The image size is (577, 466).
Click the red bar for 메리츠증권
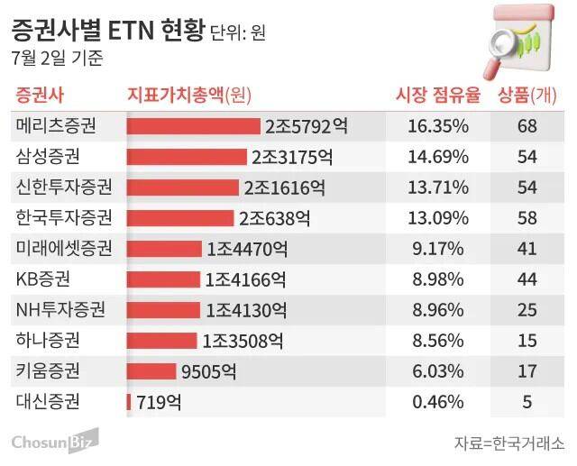click(194, 125)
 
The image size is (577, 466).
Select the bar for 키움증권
click(151, 370)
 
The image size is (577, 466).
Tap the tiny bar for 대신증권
click(129, 401)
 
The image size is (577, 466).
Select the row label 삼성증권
click(48, 156)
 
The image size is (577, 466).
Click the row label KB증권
click(43, 279)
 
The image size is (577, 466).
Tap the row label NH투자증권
click(60, 309)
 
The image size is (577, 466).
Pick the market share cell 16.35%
click(438, 125)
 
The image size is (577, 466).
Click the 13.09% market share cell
click(438, 217)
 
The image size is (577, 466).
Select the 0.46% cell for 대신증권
click(438, 401)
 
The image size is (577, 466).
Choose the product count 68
click(527, 125)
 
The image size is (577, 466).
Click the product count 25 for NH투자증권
click(527, 309)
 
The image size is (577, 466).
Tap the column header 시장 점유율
click(438, 95)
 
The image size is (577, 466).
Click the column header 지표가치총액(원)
click(190, 95)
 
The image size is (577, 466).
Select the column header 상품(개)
click(527, 95)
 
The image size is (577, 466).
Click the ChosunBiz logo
click(54, 442)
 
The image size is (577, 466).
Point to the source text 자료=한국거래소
click(509, 443)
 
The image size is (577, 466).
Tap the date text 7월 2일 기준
click(58, 59)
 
